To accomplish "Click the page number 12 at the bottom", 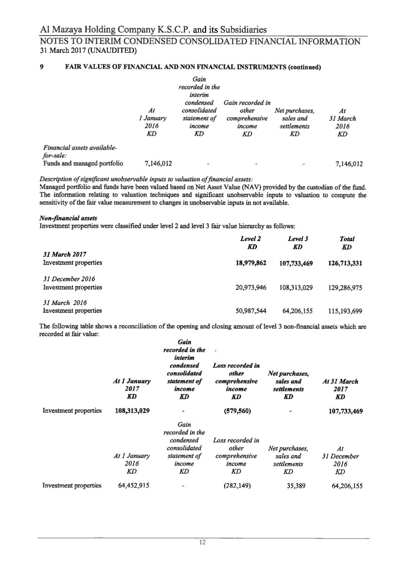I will (201, 542).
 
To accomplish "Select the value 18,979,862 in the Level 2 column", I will (251, 263).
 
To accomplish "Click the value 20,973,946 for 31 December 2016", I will (251, 288).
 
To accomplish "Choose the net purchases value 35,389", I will (296, 486).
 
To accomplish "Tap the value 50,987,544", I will (251, 311).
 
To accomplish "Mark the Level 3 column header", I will (298, 239).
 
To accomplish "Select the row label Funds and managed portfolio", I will (83, 164).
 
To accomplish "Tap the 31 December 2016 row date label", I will (69, 279).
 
